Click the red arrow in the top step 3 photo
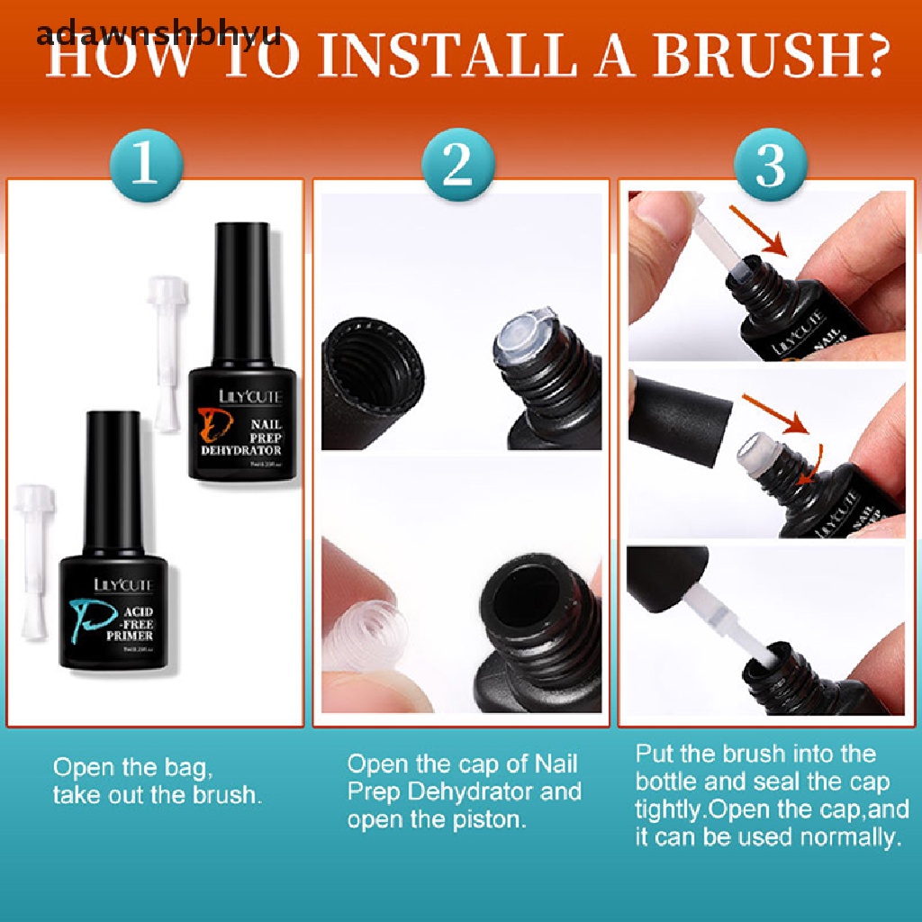click(x=755, y=230)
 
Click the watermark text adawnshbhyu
click(x=158, y=33)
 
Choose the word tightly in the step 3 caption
click(x=669, y=809)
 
